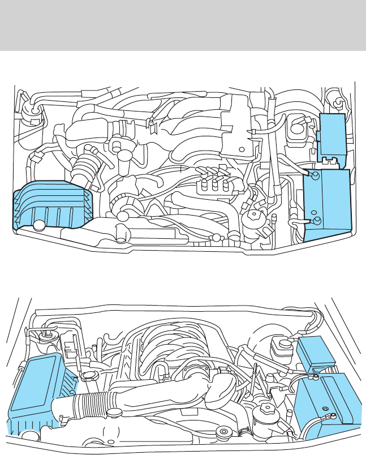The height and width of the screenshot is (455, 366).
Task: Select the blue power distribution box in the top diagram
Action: [x=330, y=134]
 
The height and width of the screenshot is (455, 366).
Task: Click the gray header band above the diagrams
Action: [x=183, y=25]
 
